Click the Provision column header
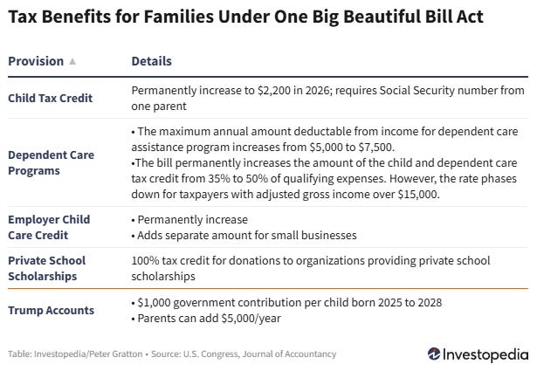pos(36,62)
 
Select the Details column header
pos(151,62)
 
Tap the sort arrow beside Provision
pos(72,62)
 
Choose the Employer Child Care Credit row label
pos(48,226)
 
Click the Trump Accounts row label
pos(49,308)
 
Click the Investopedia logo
pos(478,354)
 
